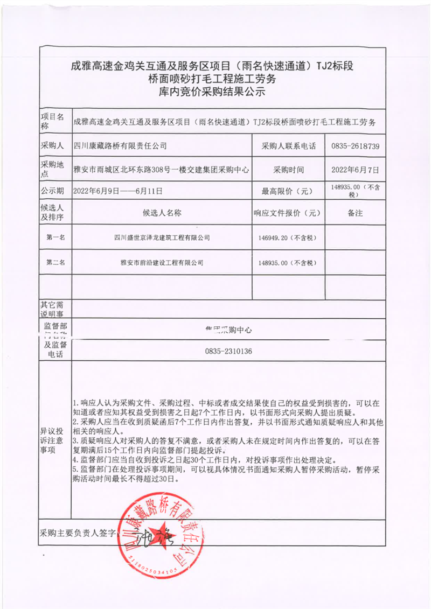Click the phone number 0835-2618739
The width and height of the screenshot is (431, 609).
point(356,146)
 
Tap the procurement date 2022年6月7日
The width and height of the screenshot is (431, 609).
point(356,169)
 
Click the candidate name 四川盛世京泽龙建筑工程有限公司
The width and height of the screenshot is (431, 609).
point(162,237)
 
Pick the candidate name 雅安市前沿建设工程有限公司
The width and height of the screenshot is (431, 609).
point(162,263)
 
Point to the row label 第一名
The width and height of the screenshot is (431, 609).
point(55,237)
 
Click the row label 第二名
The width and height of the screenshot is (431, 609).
point(55,263)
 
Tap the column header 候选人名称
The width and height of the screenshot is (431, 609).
point(162,213)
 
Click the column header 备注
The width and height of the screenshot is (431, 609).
point(355,213)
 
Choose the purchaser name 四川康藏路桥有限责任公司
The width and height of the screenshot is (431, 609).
point(120,146)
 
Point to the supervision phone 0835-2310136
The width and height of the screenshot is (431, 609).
point(228,351)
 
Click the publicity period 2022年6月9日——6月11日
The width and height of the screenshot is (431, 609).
point(117,191)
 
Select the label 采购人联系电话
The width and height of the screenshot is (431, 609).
point(288,146)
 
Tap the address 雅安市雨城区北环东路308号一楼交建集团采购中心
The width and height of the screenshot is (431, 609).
point(161,169)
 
